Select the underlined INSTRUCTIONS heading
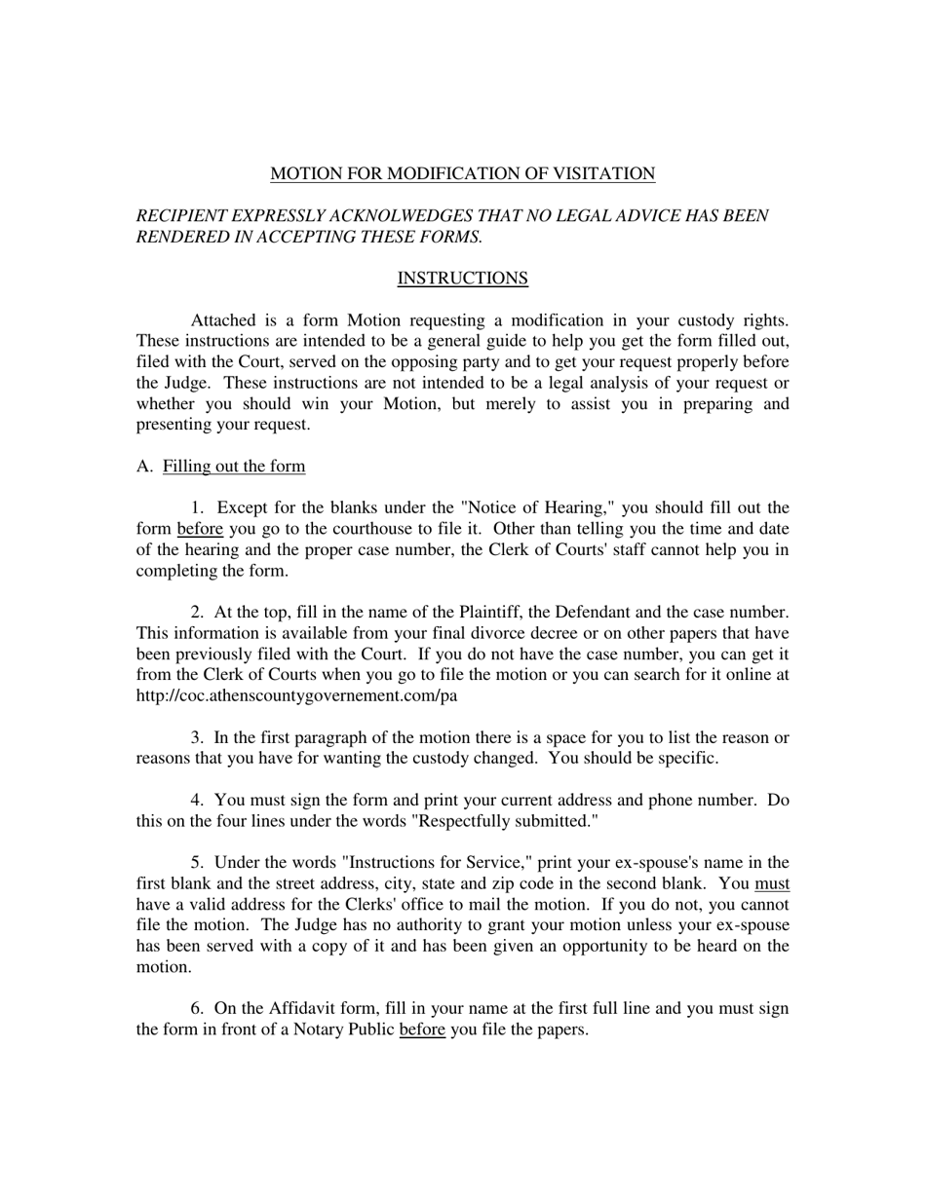[x=462, y=279]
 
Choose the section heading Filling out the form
[x=234, y=467]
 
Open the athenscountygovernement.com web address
[x=296, y=696]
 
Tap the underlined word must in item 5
[x=772, y=883]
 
